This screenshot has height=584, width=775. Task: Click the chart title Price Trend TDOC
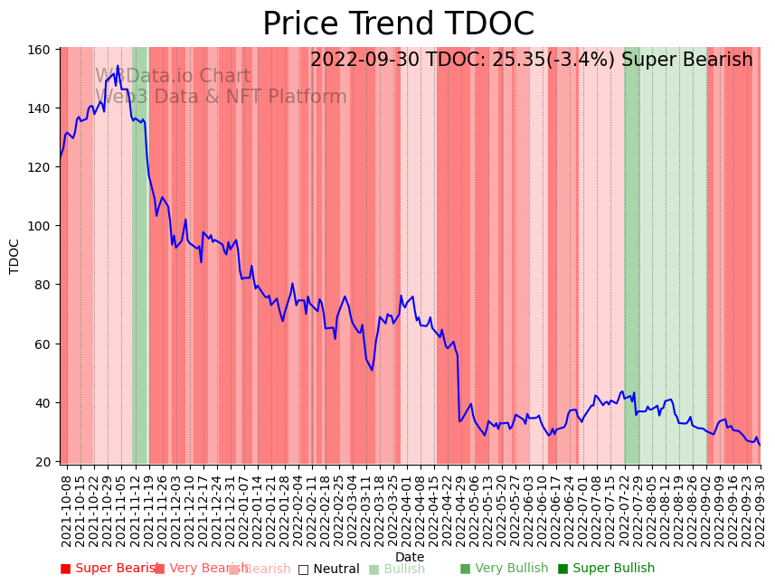(398, 24)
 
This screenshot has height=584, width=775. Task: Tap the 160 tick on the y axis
(39, 49)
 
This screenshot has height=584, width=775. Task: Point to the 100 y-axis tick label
(39, 226)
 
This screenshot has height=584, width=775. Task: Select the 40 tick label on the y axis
(42, 402)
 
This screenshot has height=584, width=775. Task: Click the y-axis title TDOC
(14, 256)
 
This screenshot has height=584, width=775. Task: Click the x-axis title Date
(410, 557)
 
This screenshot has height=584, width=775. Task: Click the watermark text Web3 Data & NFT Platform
(222, 98)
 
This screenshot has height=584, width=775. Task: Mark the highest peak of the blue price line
(118, 66)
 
